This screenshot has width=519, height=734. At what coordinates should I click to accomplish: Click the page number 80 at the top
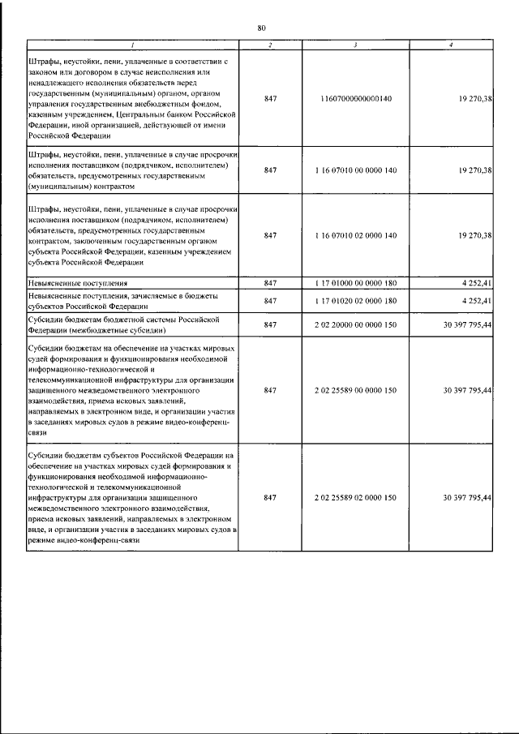click(261, 28)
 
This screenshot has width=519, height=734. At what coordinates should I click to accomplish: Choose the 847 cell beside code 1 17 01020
click(271, 301)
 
